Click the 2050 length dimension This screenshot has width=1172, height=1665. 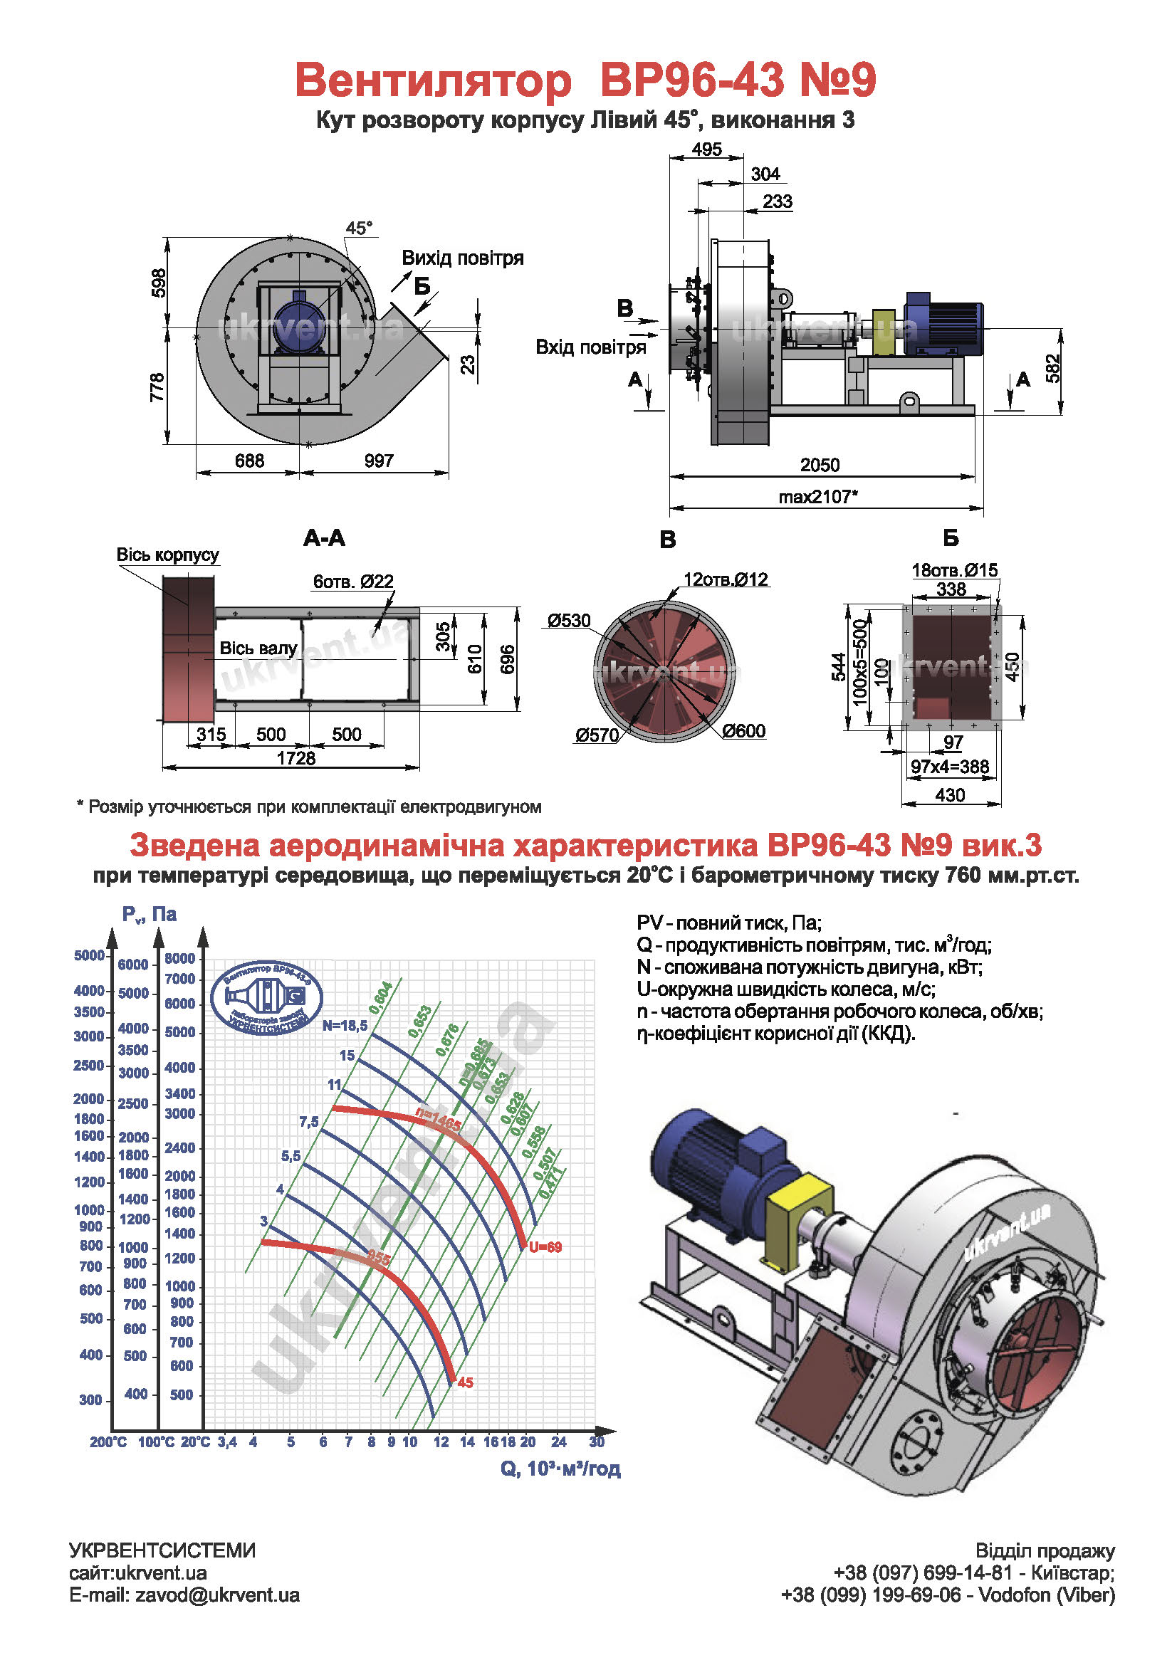pyautogui.click(x=819, y=465)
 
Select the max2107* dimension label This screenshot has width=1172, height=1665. pyautogui.click(x=818, y=497)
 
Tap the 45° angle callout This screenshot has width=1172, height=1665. pyautogui.click(x=358, y=228)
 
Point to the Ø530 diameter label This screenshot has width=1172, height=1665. pyautogui.click(x=570, y=620)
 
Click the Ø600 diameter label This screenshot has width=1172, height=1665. pyautogui.click(x=743, y=731)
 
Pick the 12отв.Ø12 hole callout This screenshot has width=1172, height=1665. pyautogui.click(x=726, y=579)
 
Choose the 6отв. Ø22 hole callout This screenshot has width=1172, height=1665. pyautogui.click(x=353, y=581)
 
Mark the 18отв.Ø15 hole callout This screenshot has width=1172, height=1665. pyautogui.click(x=954, y=570)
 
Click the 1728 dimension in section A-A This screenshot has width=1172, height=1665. pyautogui.click(x=296, y=758)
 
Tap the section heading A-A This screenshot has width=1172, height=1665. pyautogui.click(x=324, y=537)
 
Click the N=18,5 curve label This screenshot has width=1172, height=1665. pyautogui.click(x=345, y=1025)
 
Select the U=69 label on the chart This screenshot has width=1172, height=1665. pyautogui.click(x=545, y=1247)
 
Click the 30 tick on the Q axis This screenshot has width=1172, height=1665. pyautogui.click(x=596, y=1441)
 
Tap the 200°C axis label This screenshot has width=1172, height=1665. pyautogui.click(x=108, y=1442)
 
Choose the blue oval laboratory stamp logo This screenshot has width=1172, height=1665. pyautogui.click(x=266, y=999)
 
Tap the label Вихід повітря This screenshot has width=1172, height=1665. pyautogui.click(x=463, y=258)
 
